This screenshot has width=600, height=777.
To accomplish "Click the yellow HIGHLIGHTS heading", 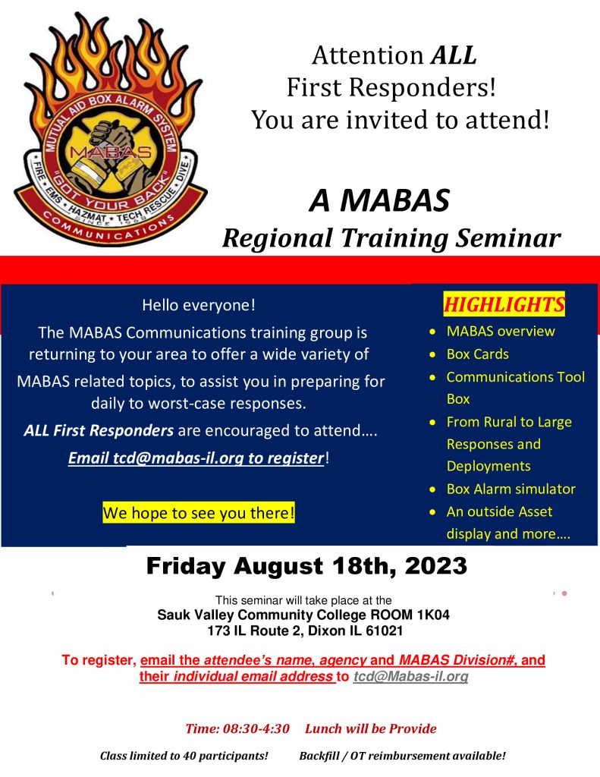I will (504, 305).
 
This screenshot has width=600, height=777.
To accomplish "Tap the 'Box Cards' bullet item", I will (477, 354).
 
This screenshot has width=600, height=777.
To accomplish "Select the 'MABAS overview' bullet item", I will (501, 331).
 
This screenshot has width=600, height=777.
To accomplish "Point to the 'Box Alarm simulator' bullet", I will (510, 489).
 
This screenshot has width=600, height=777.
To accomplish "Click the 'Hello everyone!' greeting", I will (199, 305).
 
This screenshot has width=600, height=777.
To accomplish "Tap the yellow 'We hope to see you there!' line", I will (199, 513).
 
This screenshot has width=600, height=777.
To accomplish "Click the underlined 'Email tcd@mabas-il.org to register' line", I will (196, 458).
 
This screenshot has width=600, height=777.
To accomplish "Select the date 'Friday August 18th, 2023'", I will (306, 566).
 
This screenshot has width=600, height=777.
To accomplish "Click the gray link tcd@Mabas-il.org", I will (410, 675).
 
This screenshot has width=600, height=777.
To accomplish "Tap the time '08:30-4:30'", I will (256, 728).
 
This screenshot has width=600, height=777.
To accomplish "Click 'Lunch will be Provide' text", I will (371, 728).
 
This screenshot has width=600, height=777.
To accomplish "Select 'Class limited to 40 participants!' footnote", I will (184, 756).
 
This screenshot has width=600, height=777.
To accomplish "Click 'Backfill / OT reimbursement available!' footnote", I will (402, 756).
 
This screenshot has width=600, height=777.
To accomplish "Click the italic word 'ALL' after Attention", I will (454, 55).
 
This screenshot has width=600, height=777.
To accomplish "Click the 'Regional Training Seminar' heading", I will (391, 238).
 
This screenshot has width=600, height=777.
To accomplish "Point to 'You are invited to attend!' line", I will (400, 119).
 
